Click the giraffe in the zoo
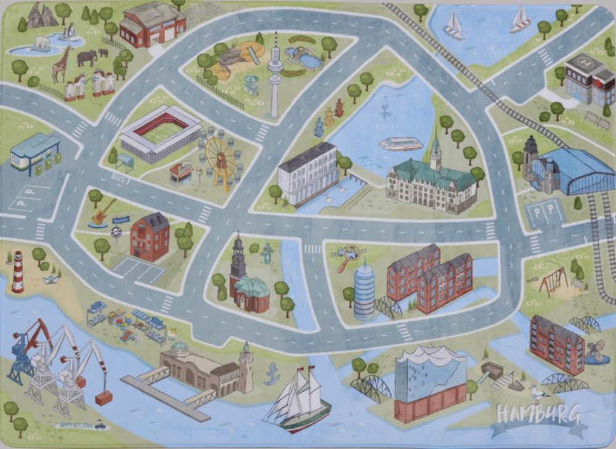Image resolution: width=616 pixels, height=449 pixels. pyautogui.click(x=62, y=64)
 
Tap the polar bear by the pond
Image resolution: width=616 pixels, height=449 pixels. pyautogui.click(x=43, y=43)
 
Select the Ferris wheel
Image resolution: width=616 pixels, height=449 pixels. pyautogui.click(x=220, y=161)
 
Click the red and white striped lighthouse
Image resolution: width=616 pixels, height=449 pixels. pyautogui.click(x=18, y=272)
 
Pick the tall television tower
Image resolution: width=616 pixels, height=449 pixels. pyautogui.click(x=275, y=74)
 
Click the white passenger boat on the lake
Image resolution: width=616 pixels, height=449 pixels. pyautogui.click(x=401, y=144)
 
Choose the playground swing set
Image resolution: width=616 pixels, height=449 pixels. pyautogui.click(x=553, y=281)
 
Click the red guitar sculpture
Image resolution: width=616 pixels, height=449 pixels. pyautogui.click(x=102, y=211)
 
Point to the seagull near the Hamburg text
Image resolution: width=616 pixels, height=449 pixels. pyautogui.click(x=538, y=394)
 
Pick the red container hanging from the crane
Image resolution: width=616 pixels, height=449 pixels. pyautogui.click(x=104, y=398)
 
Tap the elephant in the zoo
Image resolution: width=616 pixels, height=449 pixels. pyautogui.click(x=87, y=57)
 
